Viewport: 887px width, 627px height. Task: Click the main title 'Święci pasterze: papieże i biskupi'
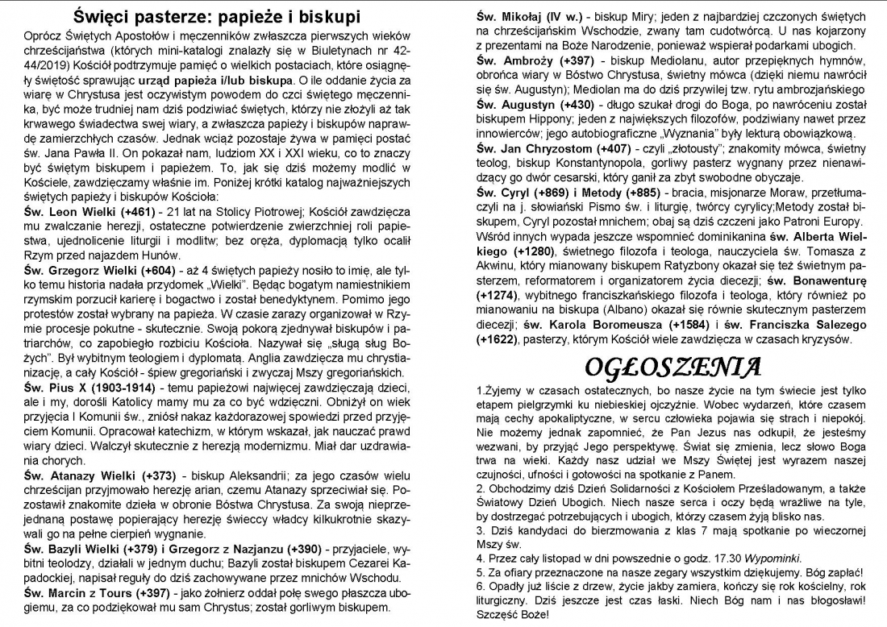217,16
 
